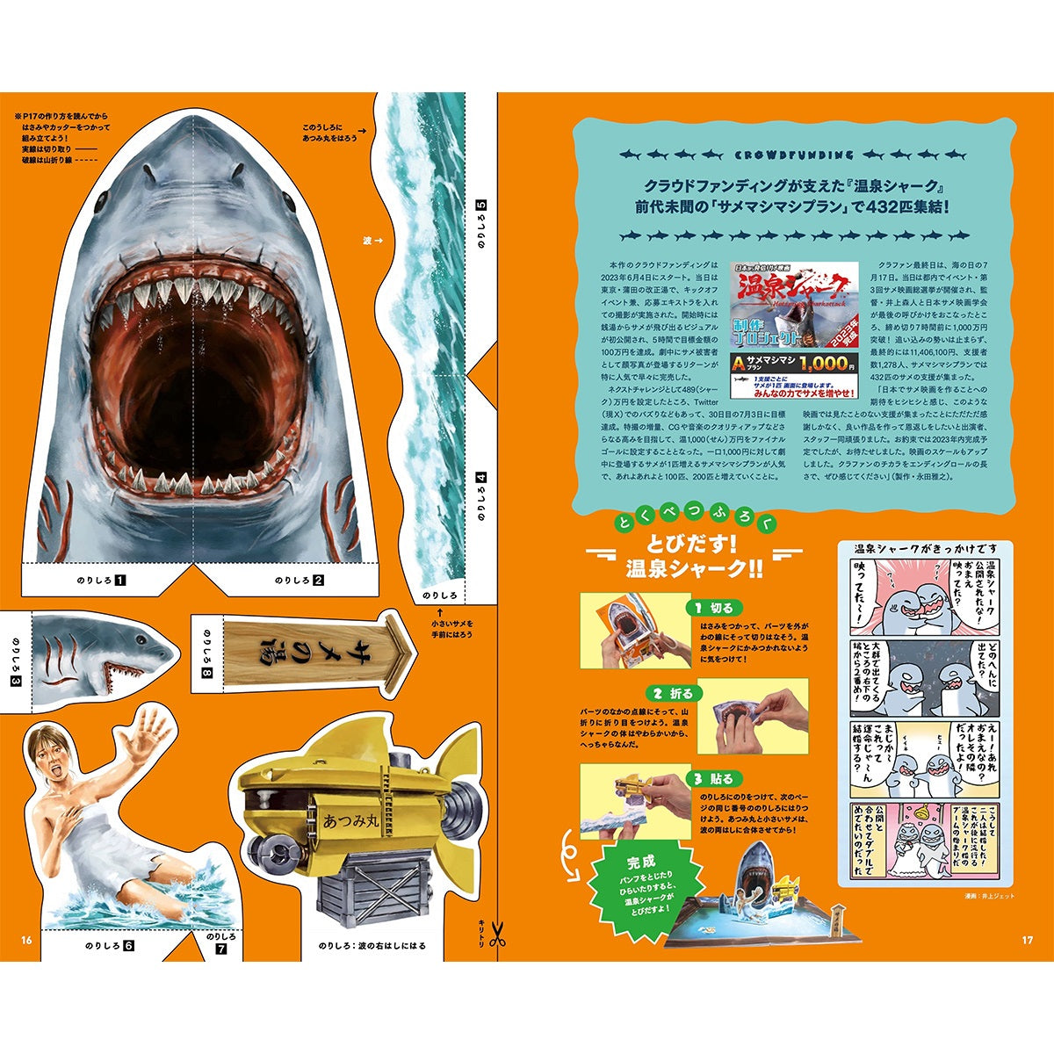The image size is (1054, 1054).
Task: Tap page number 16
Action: pos(26,941)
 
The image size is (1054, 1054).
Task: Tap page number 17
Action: pos(1028,941)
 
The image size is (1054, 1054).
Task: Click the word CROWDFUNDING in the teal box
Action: pos(793,155)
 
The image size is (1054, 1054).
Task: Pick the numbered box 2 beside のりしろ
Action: pos(318,580)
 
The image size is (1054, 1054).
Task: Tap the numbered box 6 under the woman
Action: pos(128,946)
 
